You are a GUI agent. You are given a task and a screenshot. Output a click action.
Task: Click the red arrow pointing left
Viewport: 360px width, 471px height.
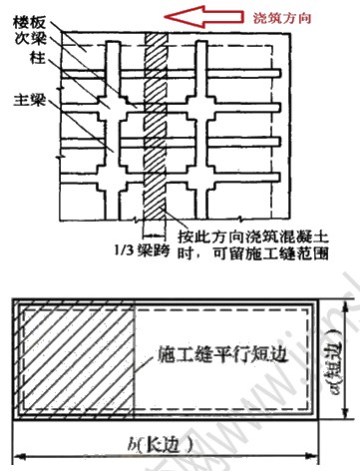[197, 15]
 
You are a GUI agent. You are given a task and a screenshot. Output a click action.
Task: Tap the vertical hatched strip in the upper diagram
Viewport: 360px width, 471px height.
[156, 120]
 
